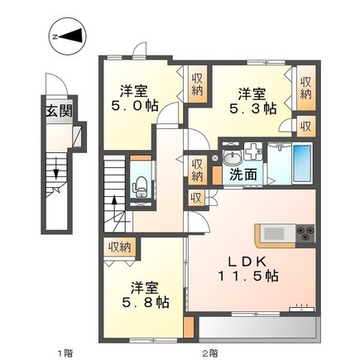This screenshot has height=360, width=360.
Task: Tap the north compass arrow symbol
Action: pos(65,36)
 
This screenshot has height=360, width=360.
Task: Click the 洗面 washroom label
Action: pos(242,175)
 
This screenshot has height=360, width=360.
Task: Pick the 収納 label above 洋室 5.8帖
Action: pos(119,246)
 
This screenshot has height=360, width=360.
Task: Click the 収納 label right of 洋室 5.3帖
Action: pos(305,88)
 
